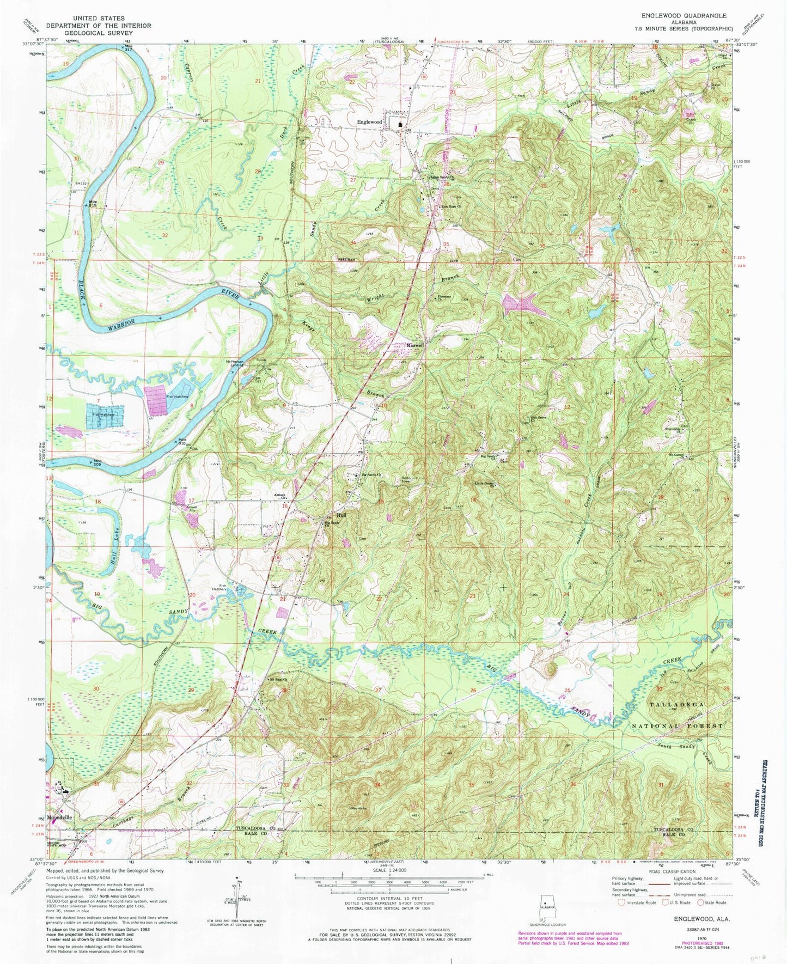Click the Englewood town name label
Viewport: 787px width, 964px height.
tap(369, 122)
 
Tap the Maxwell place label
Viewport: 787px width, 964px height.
tap(416, 345)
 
